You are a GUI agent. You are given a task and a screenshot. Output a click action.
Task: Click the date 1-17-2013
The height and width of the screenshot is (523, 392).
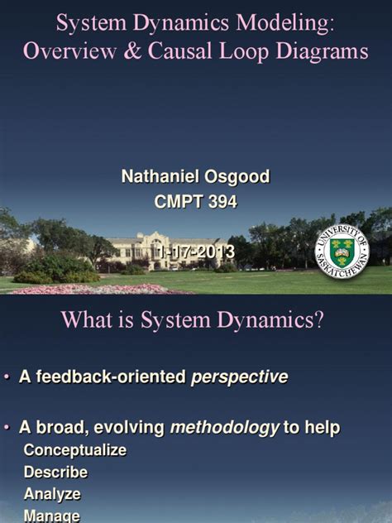pyautogui.click(x=196, y=251)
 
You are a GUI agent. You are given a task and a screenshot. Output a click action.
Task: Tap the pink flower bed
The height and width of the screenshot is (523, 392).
pyautogui.click(x=91, y=288)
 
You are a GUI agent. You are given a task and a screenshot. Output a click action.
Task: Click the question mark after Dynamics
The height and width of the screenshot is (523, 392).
pyautogui.click(x=318, y=321)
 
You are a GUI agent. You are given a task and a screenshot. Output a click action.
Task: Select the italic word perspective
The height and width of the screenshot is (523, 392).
pyautogui.click(x=240, y=377)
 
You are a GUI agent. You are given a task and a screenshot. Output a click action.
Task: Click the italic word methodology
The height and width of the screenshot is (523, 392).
pyautogui.click(x=225, y=427)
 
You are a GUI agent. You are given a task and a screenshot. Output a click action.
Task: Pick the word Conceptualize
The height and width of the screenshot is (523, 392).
pyautogui.click(x=74, y=450)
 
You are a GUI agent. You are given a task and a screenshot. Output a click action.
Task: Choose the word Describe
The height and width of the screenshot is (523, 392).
pyautogui.click(x=55, y=472)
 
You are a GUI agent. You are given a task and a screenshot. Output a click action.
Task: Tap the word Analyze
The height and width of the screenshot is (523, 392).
pyautogui.click(x=52, y=493)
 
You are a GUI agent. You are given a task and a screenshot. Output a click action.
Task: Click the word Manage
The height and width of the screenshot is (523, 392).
pyautogui.click(x=51, y=515)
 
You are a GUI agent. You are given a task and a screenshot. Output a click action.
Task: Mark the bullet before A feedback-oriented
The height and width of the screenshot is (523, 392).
pyautogui.click(x=8, y=377)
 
